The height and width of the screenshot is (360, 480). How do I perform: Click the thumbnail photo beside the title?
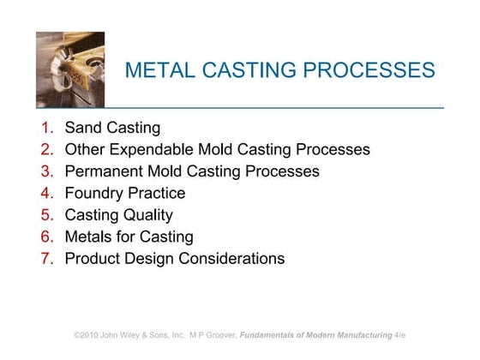(70, 69)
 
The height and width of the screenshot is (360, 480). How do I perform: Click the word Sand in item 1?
(83, 129)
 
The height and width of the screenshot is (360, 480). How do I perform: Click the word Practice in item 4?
(156, 193)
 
